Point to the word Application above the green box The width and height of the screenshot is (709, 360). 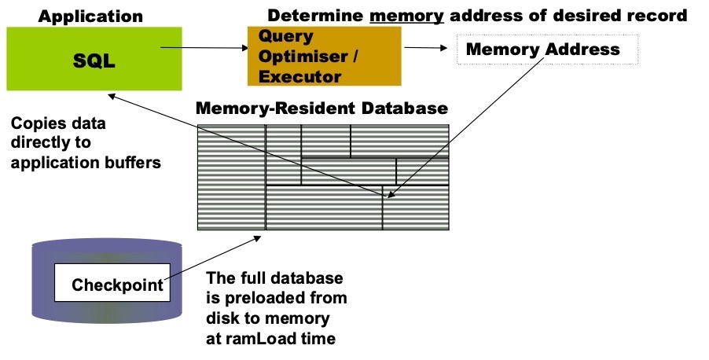tap(91, 15)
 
